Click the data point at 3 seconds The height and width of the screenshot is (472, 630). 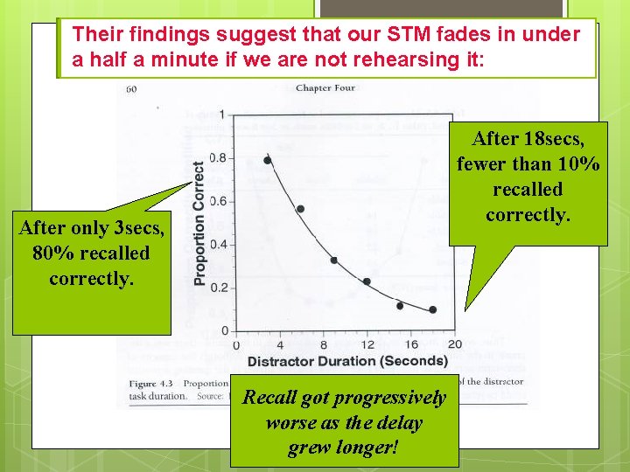[x=268, y=160]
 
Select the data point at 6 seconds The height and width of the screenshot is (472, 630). [x=300, y=209]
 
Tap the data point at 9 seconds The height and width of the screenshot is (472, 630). [x=333, y=260]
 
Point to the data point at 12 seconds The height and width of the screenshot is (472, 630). [x=367, y=281]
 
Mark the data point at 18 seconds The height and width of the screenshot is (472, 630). [x=432, y=309]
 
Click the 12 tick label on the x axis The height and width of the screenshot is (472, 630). [x=367, y=344]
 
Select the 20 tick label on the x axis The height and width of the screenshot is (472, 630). [x=454, y=344]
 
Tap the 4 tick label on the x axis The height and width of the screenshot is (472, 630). [x=279, y=344]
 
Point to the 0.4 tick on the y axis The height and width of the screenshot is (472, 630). [x=218, y=244]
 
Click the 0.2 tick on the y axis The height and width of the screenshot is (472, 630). [x=218, y=288]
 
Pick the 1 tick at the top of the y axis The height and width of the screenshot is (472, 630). [x=223, y=115]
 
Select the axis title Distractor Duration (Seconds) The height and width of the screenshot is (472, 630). [x=347, y=361]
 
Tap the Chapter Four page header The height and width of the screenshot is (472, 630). [x=325, y=87]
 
